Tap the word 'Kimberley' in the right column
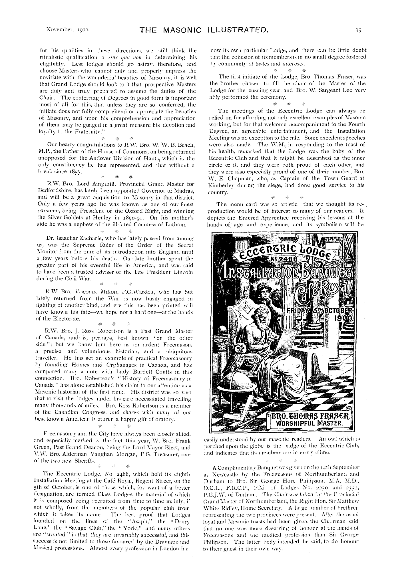220,185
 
